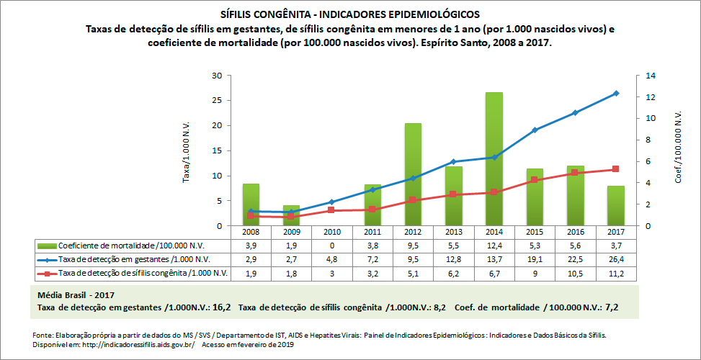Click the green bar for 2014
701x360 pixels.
[494, 158]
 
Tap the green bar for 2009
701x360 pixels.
[291, 216]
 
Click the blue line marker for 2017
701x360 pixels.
[616, 93]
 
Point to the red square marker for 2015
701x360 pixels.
[535, 180]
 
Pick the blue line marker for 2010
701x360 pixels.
[331, 202]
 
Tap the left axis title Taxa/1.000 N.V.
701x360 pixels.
[186, 151]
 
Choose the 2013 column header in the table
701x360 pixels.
[453, 233]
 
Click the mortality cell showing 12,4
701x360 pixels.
[494, 246]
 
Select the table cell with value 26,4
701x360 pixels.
[615, 259]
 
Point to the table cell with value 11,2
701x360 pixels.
[615, 273]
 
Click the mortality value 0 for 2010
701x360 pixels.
[331, 246]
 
